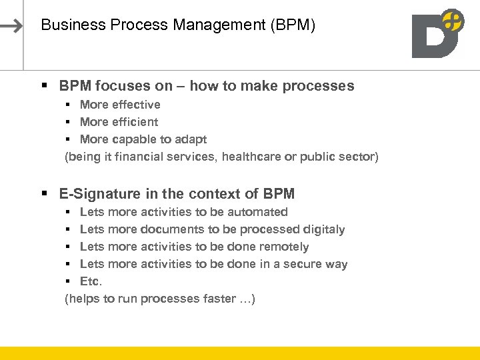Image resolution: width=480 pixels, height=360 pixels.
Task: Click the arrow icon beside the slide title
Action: click(x=12, y=26)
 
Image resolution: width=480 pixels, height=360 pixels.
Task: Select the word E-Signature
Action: click(x=97, y=194)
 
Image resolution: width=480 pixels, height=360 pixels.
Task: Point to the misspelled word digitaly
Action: click(x=324, y=229)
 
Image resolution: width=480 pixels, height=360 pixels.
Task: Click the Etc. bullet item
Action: click(x=91, y=281)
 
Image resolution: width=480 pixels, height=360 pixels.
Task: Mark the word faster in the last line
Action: click(x=217, y=299)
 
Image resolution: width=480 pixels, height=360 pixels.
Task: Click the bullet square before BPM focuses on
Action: click(x=44, y=86)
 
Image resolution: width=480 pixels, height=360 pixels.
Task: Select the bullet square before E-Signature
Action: click(x=44, y=194)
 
